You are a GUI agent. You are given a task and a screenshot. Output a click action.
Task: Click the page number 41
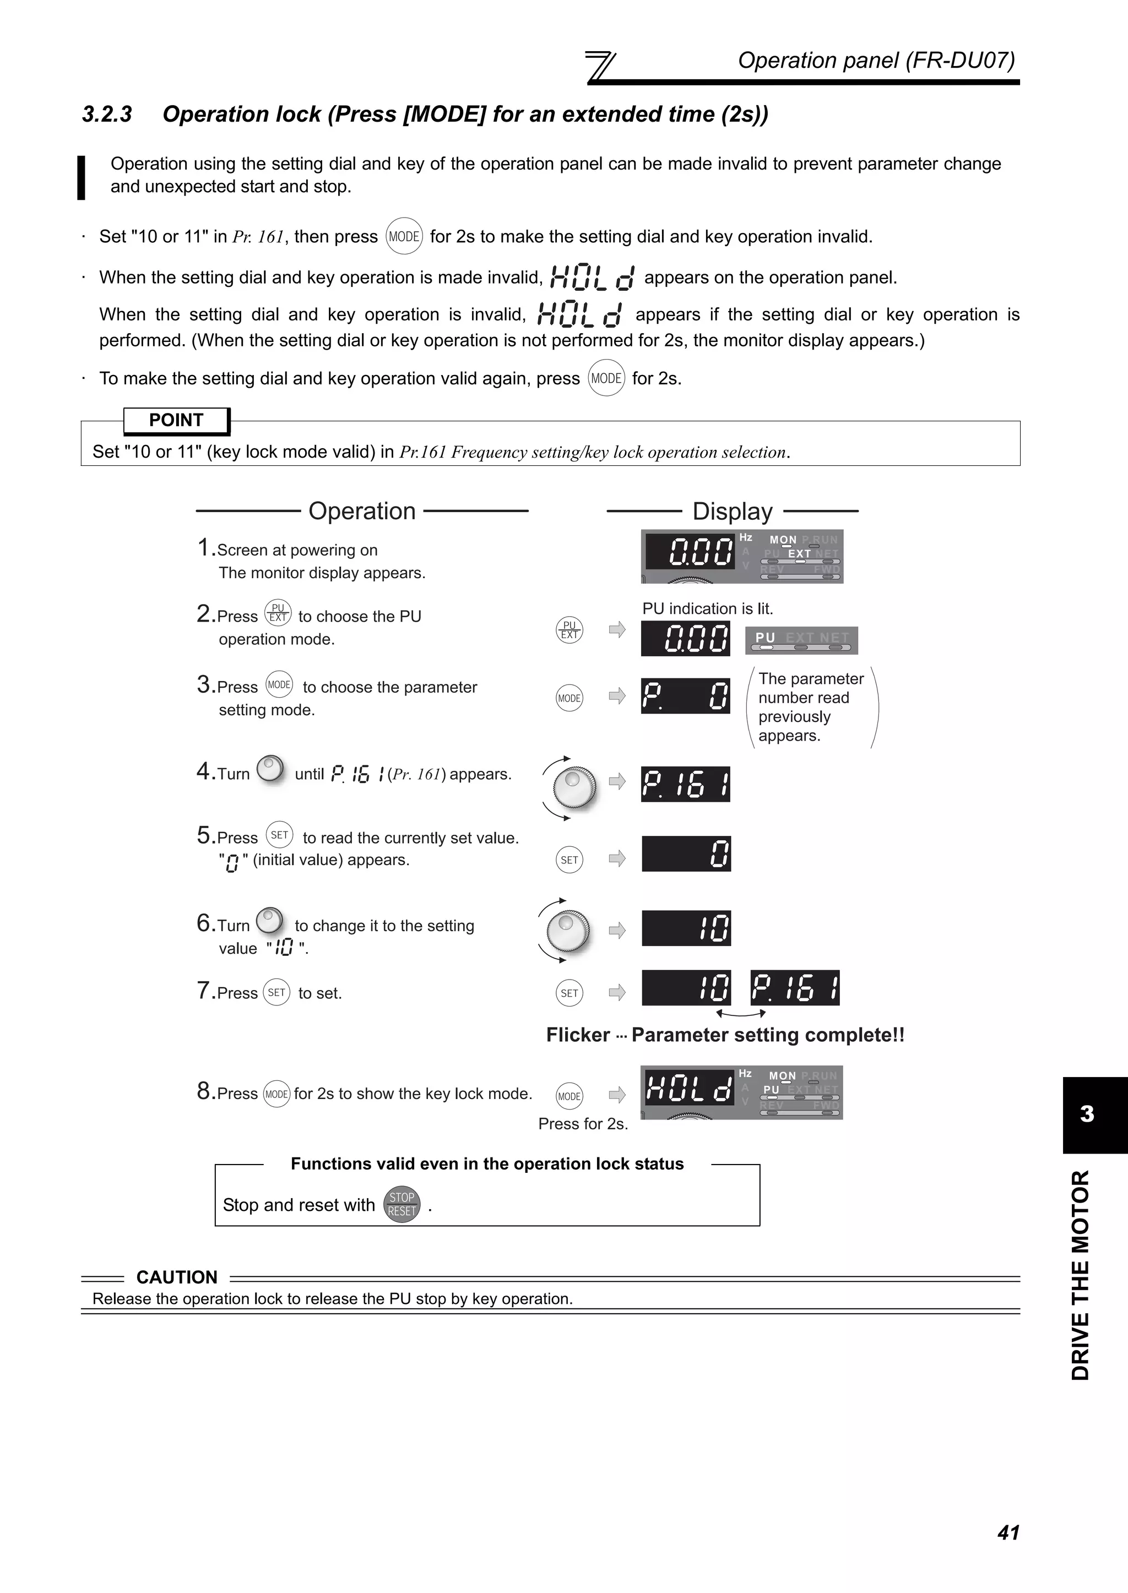1008,1532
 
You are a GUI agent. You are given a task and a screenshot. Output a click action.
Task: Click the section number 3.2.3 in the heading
107,114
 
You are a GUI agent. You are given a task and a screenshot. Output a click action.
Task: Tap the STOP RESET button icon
402,1204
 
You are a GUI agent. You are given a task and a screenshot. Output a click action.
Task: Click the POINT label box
176,420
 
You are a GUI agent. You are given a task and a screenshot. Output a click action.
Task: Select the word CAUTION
176,1277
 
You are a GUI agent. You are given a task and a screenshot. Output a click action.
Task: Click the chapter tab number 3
1087,1114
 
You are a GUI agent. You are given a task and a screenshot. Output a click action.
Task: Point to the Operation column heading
362,511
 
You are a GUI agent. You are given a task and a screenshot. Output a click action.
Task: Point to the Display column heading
732,512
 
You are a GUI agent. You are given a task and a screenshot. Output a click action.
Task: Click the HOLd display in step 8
687,1088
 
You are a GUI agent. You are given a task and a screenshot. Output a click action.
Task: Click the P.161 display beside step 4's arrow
685,784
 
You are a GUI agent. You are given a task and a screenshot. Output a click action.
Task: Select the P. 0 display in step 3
685,696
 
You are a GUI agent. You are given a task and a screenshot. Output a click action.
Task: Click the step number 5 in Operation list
203,835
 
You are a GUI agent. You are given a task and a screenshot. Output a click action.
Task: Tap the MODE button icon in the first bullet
404,237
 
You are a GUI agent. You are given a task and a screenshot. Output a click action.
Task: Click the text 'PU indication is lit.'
707,608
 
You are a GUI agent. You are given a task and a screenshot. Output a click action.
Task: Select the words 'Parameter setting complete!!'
767,1035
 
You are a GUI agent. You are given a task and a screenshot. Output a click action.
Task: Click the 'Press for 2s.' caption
583,1123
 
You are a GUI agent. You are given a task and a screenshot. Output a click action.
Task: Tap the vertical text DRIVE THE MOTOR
1081,1275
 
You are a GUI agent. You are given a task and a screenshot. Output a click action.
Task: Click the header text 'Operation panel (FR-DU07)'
876,61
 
